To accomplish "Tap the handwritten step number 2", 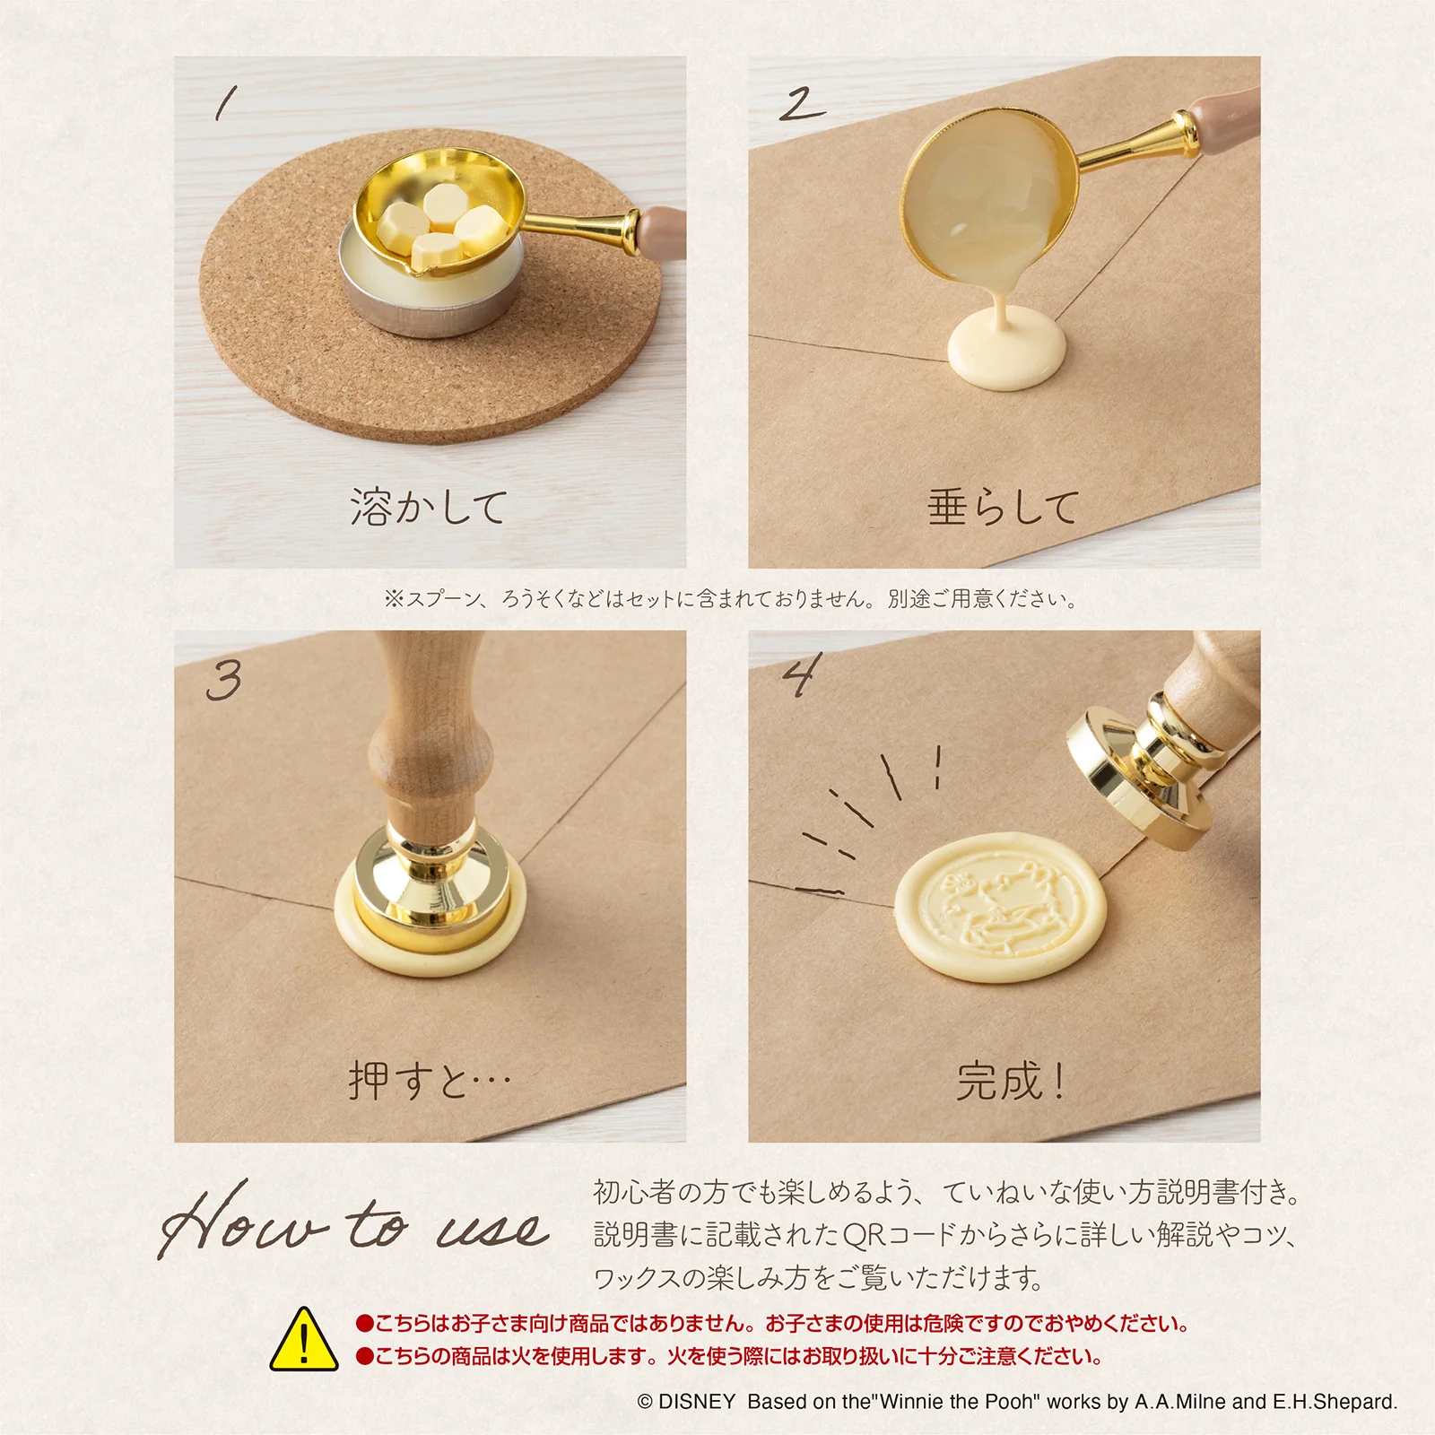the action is point(801,103).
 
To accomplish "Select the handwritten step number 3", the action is point(224,680).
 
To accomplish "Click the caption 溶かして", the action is point(430,507).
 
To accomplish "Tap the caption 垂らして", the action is point(1003,507).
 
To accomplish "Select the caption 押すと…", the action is point(430,1080).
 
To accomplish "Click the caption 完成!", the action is point(1010,1080).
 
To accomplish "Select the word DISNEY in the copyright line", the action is point(697,1402).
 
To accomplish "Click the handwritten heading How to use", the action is point(354,1222).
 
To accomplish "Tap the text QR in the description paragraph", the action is point(865,1236).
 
